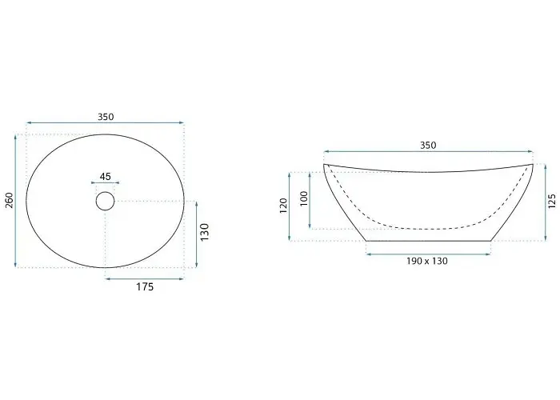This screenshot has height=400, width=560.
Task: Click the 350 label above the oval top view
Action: [106, 117]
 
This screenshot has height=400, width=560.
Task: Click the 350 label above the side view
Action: [428, 146]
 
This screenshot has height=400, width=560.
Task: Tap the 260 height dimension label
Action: [10, 200]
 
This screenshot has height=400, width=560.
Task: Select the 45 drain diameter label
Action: [105, 177]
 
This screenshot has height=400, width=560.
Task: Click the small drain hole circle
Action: [105, 192]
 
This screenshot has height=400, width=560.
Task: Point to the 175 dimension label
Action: [145, 286]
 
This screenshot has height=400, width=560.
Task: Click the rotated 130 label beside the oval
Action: [204, 232]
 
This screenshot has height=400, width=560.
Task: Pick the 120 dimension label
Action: [283, 206]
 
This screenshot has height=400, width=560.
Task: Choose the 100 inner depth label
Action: [303, 198]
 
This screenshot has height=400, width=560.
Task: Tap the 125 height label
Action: [552, 201]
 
